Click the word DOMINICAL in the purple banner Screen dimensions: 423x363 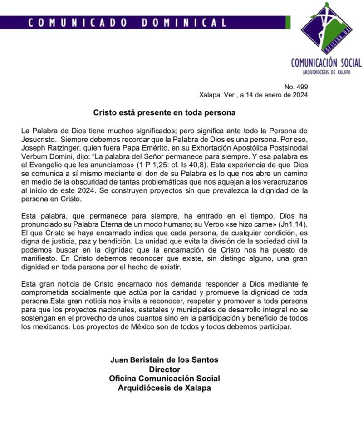[x=184, y=23]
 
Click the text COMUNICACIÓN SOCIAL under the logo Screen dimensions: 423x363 [x=326, y=63]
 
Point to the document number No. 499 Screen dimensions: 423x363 [x=296, y=86]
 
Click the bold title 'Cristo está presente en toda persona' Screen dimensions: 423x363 [x=165, y=111]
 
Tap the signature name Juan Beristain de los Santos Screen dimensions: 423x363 [x=164, y=360]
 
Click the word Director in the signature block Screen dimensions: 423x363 [x=164, y=369]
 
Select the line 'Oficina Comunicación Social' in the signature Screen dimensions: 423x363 [x=164, y=379]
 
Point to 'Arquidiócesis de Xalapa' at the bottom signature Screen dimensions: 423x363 [x=164, y=388]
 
